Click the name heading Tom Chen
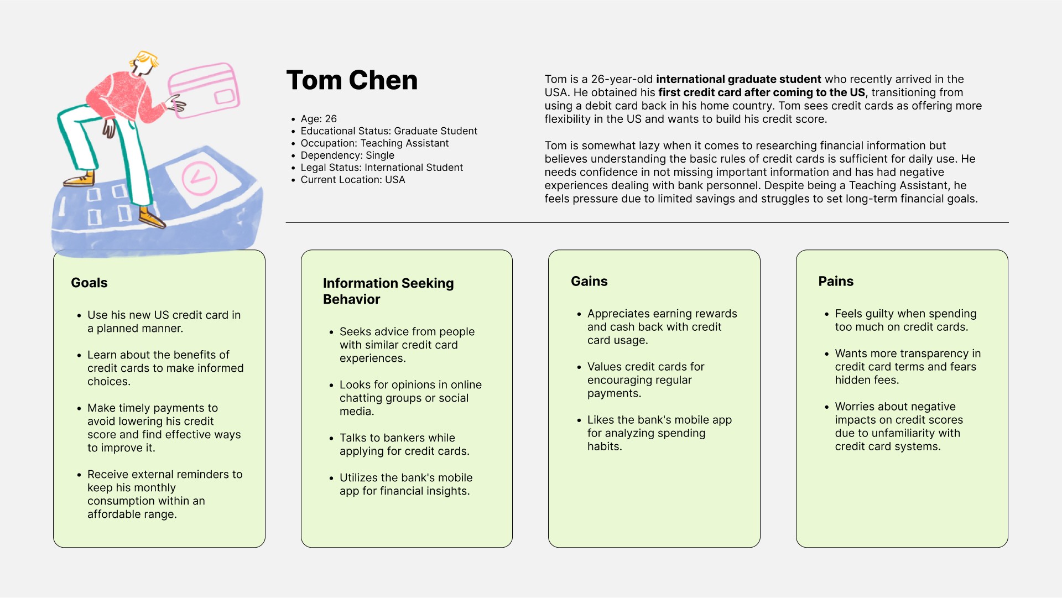[352, 81]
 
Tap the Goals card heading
[89, 283]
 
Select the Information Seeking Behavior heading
[388, 291]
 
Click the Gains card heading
[589, 282]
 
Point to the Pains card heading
[836, 282]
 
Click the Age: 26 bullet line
[319, 119]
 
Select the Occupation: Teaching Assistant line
[374, 143]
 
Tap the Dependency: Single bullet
[347, 155]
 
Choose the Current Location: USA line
[353, 180]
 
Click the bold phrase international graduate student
[738, 79]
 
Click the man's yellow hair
[145, 58]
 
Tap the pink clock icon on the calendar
[199, 178]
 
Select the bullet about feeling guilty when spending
[905, 320]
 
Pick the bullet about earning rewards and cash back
[662, 327]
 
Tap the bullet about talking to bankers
[404, 444]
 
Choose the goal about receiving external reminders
[164, 494]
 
